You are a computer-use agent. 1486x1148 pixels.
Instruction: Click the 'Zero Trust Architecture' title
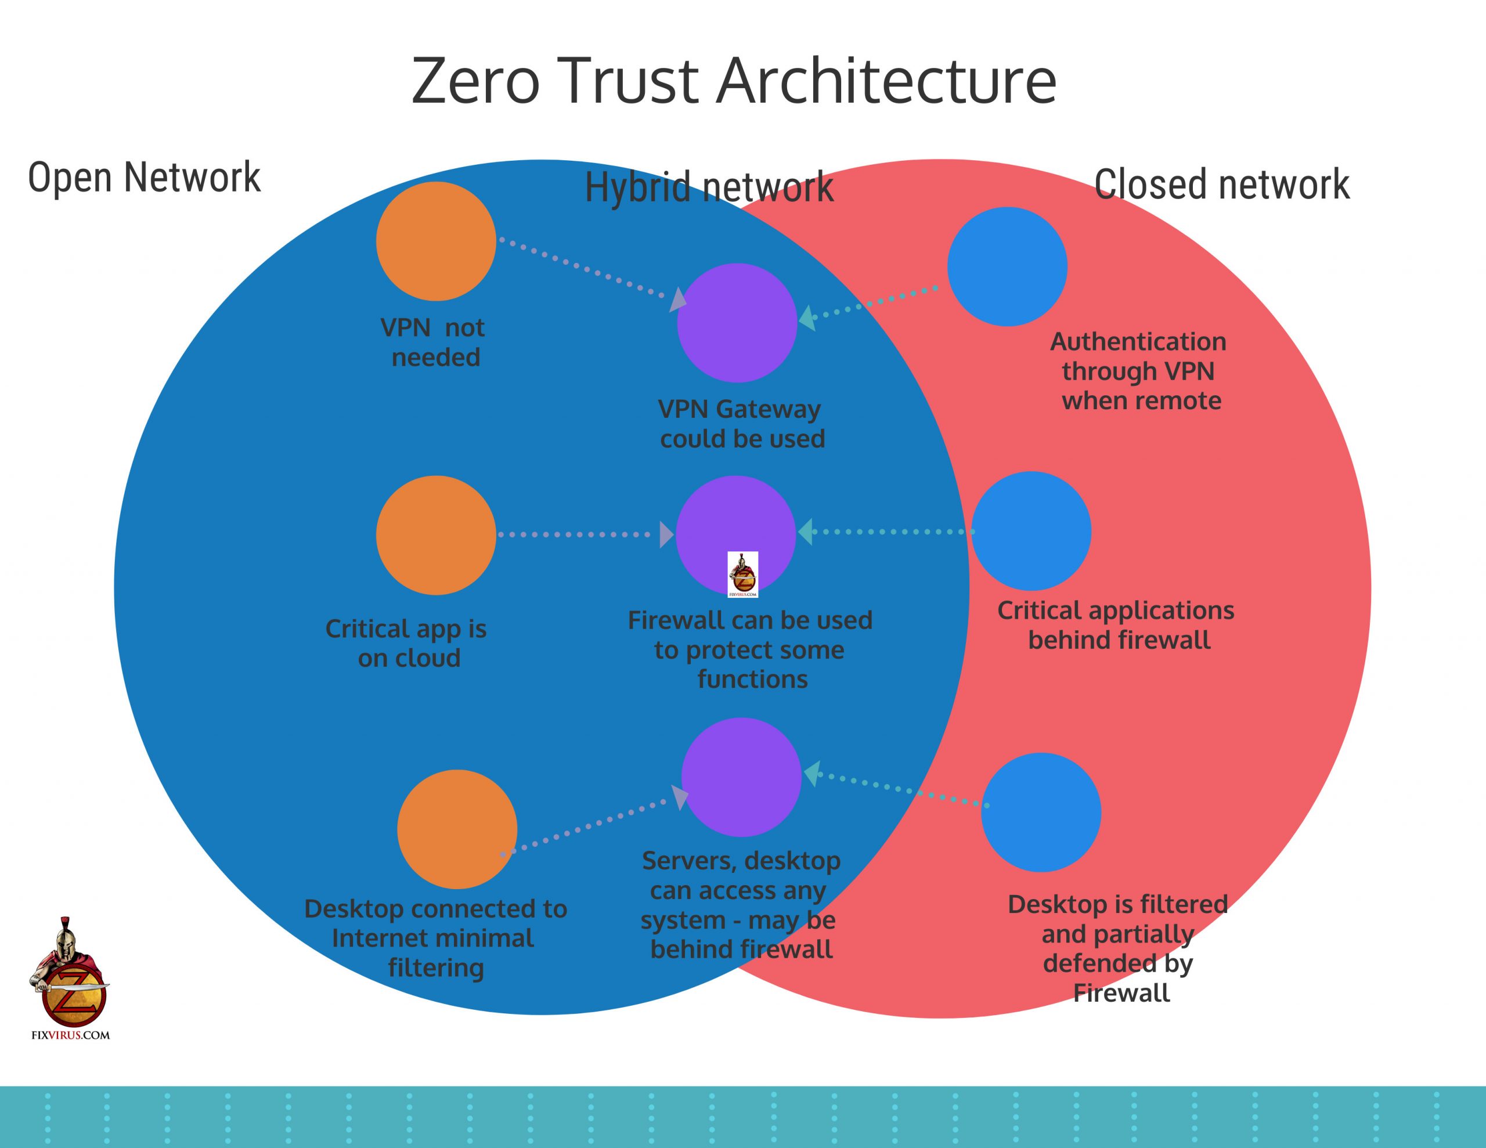734,81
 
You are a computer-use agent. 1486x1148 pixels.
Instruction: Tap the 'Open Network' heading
143,178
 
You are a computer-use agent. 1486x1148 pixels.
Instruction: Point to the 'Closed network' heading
1221,185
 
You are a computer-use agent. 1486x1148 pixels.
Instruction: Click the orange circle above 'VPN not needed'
436,241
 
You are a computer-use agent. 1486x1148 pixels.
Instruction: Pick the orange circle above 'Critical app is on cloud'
436,535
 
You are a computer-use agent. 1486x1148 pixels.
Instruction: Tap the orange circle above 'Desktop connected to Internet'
457,829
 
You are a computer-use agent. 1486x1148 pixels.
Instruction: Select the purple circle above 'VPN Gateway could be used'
737,323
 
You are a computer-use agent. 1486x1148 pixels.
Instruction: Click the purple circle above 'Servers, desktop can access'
741,777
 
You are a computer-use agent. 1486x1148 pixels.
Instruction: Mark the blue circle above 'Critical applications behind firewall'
1031,531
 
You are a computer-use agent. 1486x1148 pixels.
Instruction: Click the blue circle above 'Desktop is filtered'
1041,812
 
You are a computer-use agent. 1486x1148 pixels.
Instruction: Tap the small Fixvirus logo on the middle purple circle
742,575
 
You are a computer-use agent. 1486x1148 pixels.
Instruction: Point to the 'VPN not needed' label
432,342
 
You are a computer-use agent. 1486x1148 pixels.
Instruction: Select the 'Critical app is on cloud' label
407,643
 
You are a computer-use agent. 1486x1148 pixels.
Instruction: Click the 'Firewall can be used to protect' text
750,649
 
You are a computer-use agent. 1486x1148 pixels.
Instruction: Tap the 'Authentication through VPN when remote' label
1139,371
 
